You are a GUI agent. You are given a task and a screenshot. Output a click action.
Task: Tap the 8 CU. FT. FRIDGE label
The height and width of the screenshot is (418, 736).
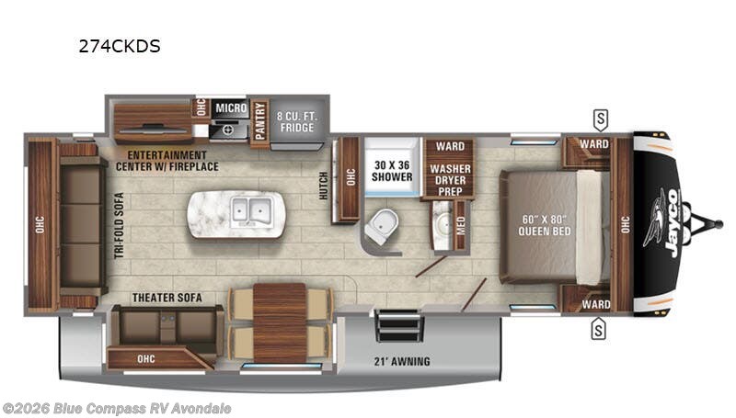pos(297,120)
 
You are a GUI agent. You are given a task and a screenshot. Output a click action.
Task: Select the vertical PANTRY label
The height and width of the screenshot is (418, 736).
pos(259,120)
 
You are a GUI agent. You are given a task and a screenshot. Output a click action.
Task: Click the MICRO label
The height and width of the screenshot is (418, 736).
pos(230,108)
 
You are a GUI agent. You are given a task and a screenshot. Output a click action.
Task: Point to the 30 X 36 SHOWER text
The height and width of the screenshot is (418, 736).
pos(390,172)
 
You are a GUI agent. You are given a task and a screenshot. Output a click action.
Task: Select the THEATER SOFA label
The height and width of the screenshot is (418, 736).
pos(167,298)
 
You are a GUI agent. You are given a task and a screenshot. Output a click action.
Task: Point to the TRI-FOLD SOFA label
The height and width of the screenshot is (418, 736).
pos(120,225)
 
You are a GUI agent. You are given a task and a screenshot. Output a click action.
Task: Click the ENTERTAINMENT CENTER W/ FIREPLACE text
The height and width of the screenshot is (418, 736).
pos(167,161)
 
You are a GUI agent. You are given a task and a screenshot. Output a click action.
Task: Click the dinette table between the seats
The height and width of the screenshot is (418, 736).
pos(280,322)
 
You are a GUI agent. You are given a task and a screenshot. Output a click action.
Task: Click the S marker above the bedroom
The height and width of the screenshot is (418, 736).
pos(600,118)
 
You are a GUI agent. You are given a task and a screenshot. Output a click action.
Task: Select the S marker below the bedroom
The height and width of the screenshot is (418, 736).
pos(598,326)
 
